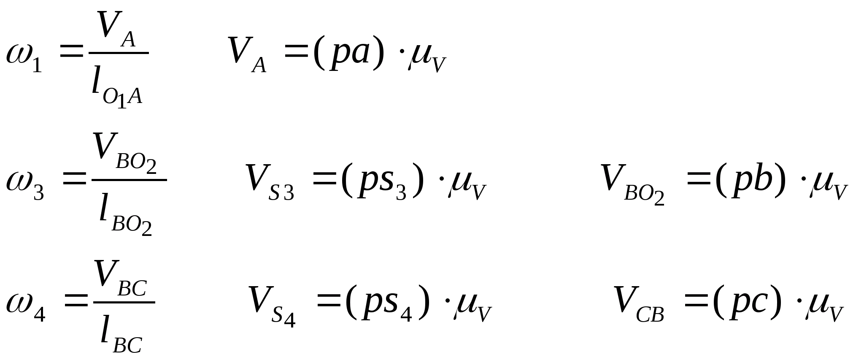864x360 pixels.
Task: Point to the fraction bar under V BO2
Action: point(129,180)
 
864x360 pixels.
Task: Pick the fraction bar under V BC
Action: point(124,302)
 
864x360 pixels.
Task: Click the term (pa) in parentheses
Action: point(348,54)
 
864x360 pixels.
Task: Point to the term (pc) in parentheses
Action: point(747,303)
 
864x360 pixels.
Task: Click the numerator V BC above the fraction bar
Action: point(121,279)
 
